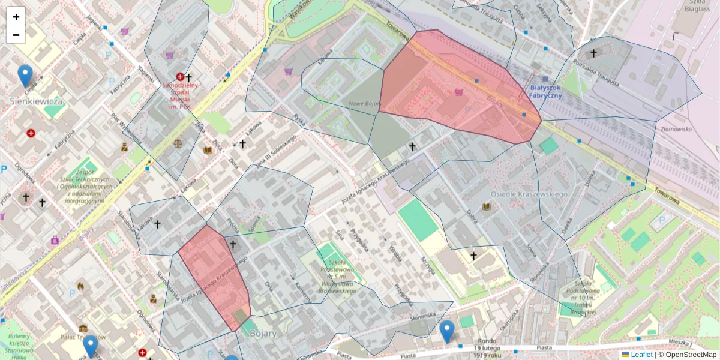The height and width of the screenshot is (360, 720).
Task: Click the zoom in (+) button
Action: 16,17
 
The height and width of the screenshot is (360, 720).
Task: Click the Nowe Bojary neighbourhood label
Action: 365,104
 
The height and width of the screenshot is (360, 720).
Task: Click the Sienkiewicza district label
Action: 37,101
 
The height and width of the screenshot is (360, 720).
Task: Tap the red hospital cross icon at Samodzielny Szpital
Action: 180,77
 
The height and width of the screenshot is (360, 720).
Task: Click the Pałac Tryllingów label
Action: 84,337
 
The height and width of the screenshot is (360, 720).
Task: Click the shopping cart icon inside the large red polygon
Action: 459,92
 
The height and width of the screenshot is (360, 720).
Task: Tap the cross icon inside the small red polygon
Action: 233,244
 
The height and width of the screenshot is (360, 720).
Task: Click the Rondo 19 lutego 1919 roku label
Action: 485,350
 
